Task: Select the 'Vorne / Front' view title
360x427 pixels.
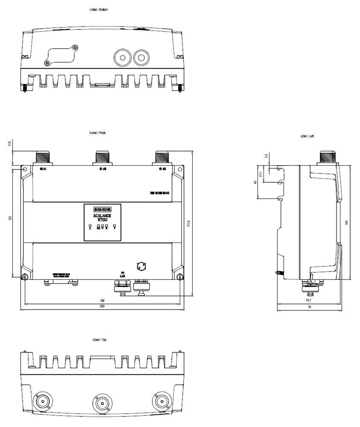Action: point(97,133)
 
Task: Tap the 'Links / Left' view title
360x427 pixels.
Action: point(307,136)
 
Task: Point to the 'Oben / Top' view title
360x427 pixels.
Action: point(100,340)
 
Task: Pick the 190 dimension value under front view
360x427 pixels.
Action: point(102,301)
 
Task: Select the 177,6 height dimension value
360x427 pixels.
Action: point(188,223)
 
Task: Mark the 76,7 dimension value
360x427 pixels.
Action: point(308,301)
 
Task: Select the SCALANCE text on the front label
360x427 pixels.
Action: point(102,216)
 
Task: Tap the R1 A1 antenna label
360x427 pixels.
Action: point(43,170)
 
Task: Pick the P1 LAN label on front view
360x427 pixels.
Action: point(122,274)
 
